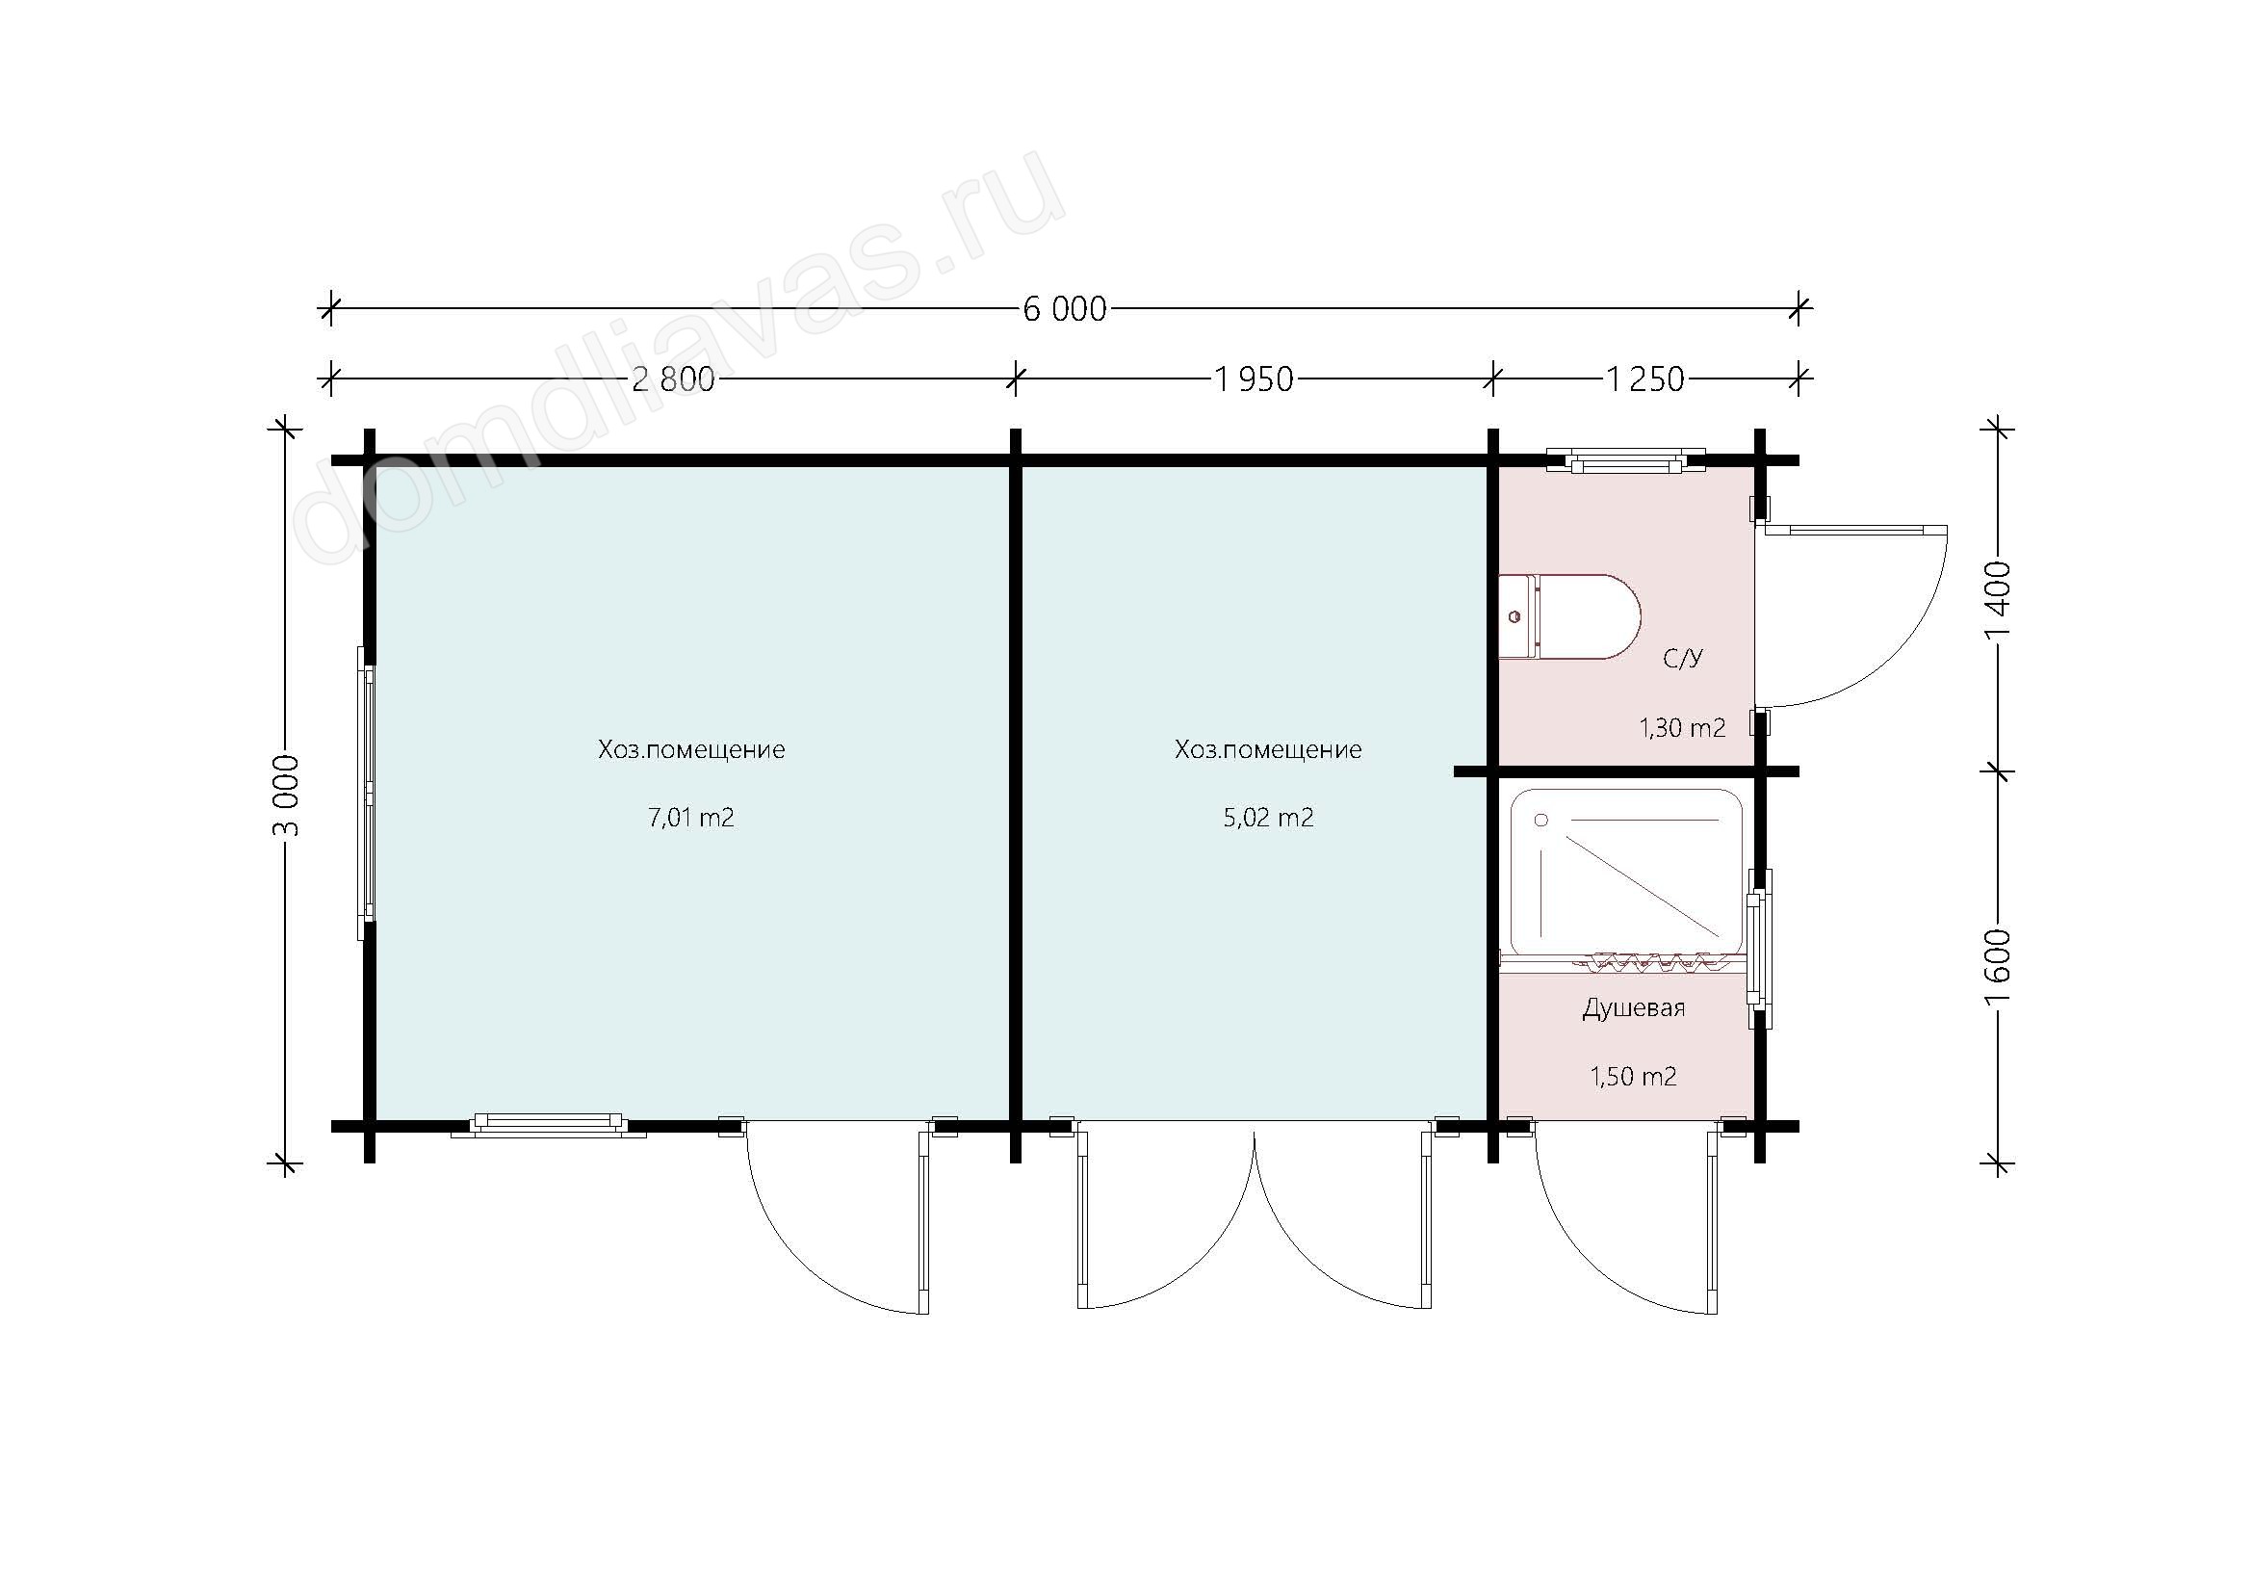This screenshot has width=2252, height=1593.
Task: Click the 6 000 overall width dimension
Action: pyautogui.click(x=1064, y=309)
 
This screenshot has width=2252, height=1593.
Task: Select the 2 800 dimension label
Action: pyautogui.click(x=673, y=379)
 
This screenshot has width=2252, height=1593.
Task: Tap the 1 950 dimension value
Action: pyautogui.click(x=1255, y=379)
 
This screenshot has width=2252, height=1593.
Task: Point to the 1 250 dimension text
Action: pyautogui.click(x=1644, y=379)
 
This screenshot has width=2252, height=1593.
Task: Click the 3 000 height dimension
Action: pyautogui.click(x=286, y=796)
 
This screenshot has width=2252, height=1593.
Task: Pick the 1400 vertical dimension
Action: pyautogui.click(x=1998, y=598)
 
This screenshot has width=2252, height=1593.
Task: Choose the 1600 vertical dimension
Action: pyautogui.click(x=1998, y=966)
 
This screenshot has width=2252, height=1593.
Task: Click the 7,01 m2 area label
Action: pyautogui.click(x=691, y=817)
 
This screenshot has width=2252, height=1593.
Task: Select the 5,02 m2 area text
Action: pyautogui.click(x=1268, y=817)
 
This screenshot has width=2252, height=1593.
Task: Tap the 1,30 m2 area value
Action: pyautogui.click(x=1682, y=727)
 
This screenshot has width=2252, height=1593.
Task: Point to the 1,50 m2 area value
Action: pyautogui.click(x=1633, y=1076)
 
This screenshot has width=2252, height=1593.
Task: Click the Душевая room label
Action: pyautogui.click(x=1633, y=1008)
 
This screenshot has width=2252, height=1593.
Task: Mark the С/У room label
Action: pyautogui.click(x=1683, y=658)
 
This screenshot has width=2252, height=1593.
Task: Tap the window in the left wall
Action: pyautogui.click(x=366, y=793)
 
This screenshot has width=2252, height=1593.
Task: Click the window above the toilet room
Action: pyautogui.click(x=1625, y=459)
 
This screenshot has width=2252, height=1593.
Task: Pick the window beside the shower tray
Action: pyautogui.click(x=1760, y=948)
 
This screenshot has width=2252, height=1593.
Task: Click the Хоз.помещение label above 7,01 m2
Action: pyautogui.click(x=691, y=749)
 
